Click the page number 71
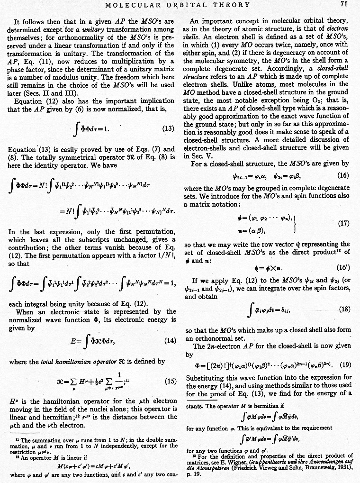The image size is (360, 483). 344,5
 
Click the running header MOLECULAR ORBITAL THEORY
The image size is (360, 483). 178,5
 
